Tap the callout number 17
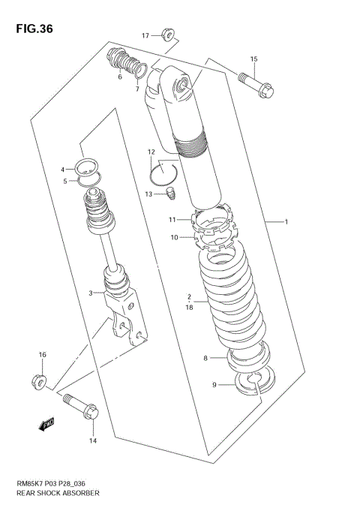(145, 35)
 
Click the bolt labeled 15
(257, 82)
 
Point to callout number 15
(253, 59)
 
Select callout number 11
(171, 220)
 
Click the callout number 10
(172, 238)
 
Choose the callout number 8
(205, 359)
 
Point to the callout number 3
(91, 293)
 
